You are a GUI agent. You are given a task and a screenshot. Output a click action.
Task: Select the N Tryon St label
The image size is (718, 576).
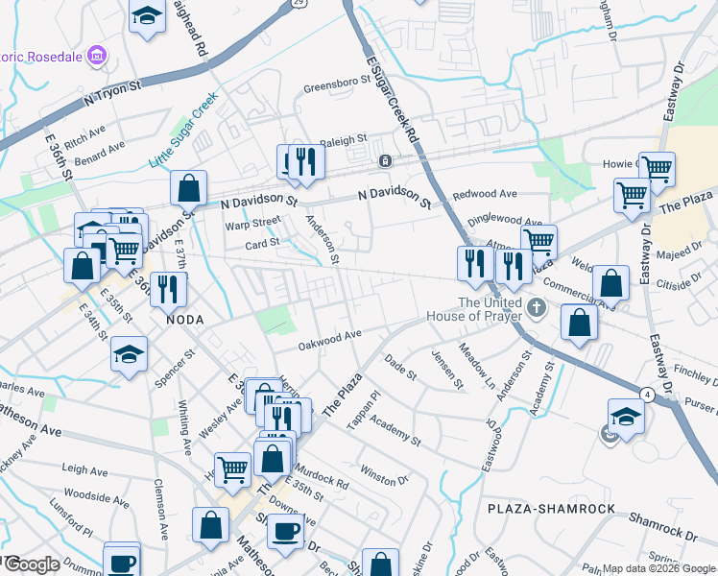click(112, 91)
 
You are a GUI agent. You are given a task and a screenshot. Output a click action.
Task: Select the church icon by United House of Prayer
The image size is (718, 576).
click(537, 310)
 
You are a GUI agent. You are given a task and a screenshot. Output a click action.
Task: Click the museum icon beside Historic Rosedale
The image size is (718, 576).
click(96, 57)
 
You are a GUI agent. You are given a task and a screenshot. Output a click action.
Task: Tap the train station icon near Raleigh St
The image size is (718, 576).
click(385, 161)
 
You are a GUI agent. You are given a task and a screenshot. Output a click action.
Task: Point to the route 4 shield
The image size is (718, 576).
click(648, 394)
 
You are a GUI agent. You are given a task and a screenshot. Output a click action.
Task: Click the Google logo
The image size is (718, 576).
click(31, 564)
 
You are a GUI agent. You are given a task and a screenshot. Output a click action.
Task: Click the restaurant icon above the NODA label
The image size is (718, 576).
click(168, 286)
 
